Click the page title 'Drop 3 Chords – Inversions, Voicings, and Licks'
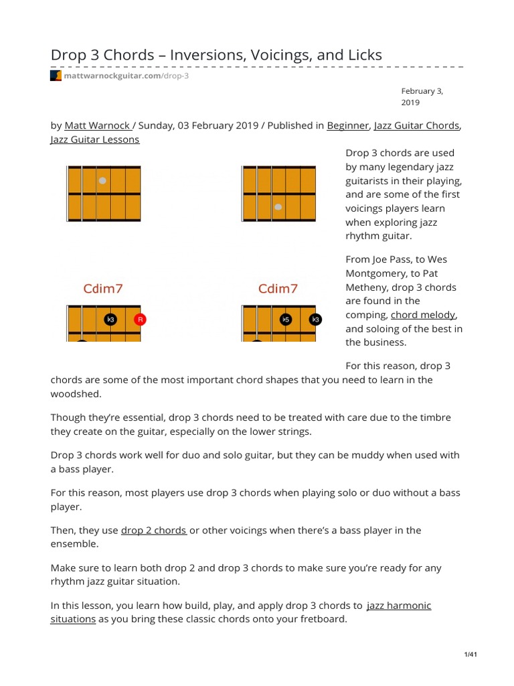point(216,55)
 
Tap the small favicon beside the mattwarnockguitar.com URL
point(56,76)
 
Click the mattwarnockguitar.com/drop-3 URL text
point(126,76)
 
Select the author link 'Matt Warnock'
point(97,125)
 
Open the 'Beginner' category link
point(347,125)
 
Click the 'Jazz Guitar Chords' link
point(416,125)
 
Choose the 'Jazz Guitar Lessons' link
point(95,139)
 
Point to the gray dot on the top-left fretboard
point(102,181)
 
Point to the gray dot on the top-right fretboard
point(278,207)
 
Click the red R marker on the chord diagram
point(140,320)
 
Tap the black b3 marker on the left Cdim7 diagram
point(110,320)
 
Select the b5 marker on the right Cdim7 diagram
point(286,320)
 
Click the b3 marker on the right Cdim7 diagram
point(315,320)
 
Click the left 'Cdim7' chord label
point(102,289)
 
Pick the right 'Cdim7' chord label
point(278,289)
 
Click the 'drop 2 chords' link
point(153,530)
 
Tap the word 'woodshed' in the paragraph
point(76,393)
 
